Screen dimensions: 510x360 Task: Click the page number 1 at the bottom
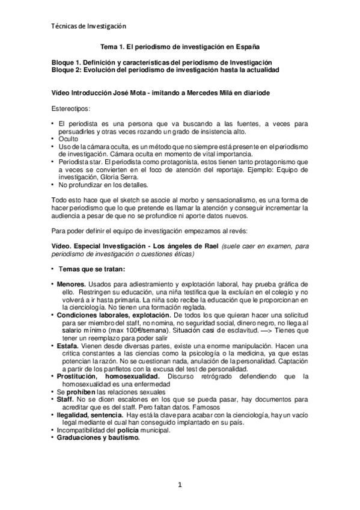(x=180, y=484)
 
